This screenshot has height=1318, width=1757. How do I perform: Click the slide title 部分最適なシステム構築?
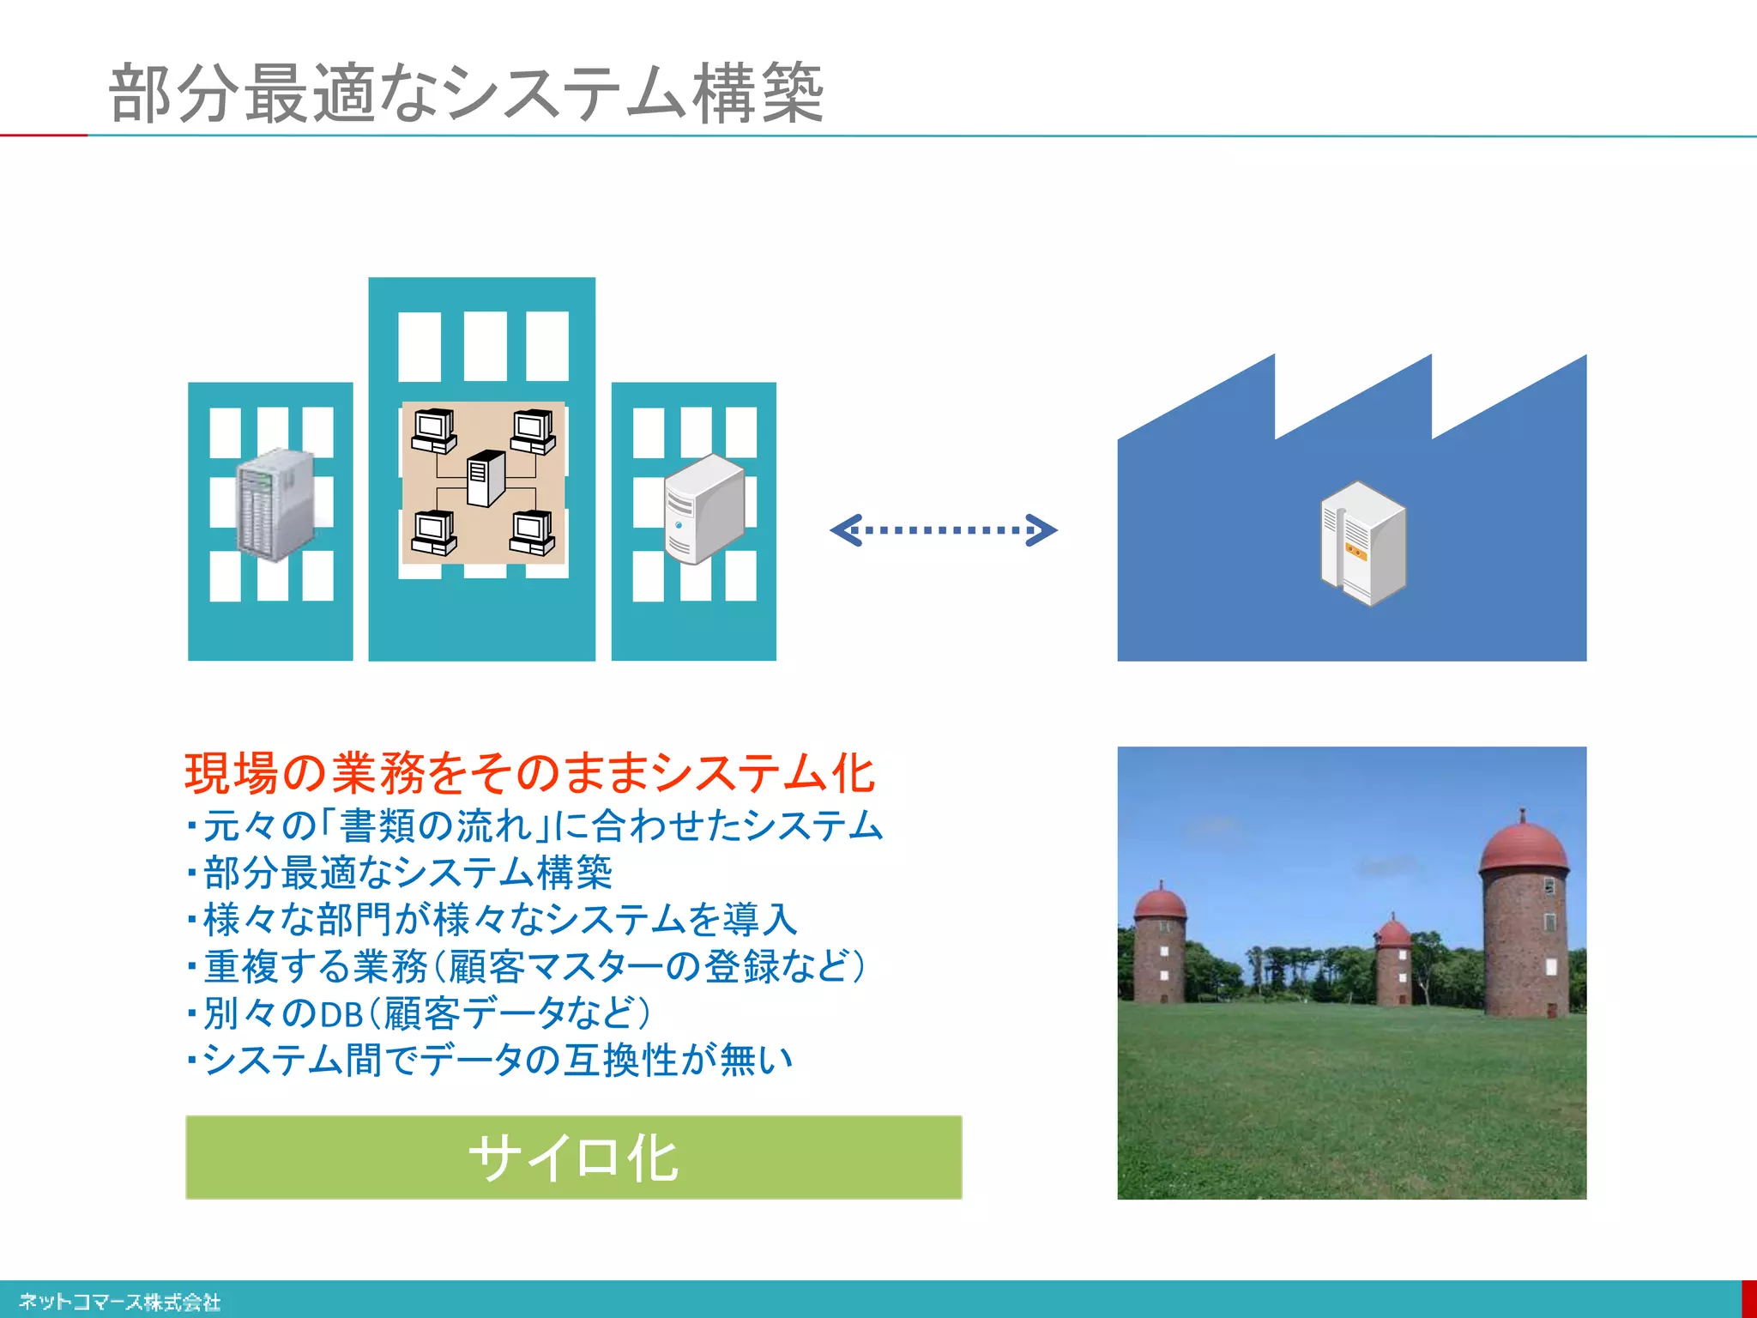click(466, 93)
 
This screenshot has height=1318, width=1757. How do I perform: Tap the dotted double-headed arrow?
click(943, 530)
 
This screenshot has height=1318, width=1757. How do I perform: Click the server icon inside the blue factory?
click(1362, 544)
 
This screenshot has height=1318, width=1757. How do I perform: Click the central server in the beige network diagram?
click(486, 479)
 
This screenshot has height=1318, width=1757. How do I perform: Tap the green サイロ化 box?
click(573, 1157)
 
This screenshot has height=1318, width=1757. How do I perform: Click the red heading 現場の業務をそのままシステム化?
click(529, 772)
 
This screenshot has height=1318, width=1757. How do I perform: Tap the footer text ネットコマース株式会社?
click(120, 1302)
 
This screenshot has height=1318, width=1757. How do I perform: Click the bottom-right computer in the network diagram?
click(533, 533)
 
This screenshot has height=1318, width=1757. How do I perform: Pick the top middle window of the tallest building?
click(486, 346)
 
